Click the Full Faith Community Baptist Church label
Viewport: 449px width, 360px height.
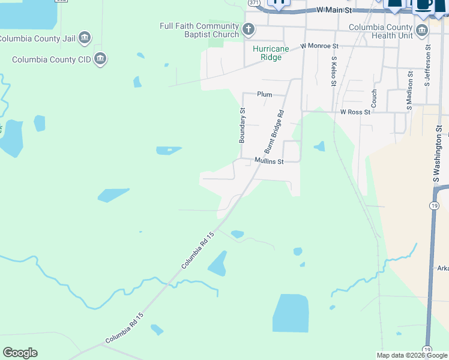coord(199,30)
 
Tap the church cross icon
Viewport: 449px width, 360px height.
coord(249,28)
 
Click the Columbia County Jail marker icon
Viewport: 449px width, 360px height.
coord(85,38)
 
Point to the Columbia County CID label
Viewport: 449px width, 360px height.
coord(52,59)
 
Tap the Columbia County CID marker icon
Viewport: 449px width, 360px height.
coord(100,59)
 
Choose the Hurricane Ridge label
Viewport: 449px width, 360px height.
coord(271,53)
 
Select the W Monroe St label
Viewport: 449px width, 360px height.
coord(319,46)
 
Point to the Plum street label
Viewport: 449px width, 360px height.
coord(265,94)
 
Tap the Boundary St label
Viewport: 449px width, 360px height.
coord(243,125)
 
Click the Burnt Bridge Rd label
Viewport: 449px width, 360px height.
coord(274,131)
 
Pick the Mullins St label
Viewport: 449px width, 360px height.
coord(268,161)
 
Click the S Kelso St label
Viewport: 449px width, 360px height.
coord(333,71)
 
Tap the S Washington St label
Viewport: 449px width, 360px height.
coord(439,154)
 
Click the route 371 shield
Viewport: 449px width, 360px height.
coord(253,2)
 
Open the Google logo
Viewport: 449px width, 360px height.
coord(20,353)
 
